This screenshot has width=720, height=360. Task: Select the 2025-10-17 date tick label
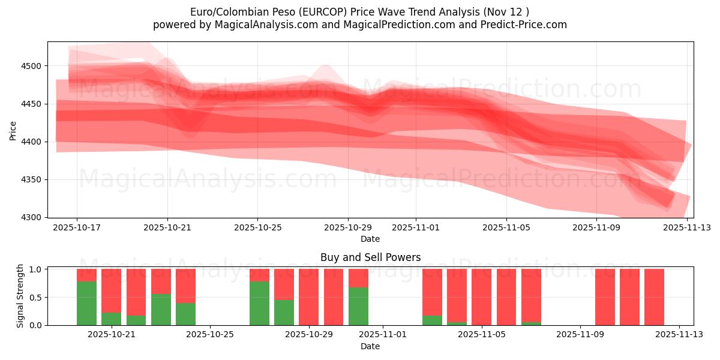(77, 228)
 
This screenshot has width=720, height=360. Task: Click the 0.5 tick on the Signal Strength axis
(36, 298)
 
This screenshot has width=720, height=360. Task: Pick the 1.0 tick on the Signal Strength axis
(36, 269)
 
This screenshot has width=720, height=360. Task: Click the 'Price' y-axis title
(13, 130)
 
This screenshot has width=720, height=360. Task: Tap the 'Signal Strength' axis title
(20, 296)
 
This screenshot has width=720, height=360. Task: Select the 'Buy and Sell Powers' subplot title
(370, 257)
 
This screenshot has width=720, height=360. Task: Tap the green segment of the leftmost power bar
(86, 303)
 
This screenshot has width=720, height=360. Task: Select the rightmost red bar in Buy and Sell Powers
(654, 297)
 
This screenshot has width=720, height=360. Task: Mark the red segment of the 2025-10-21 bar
(111, 290)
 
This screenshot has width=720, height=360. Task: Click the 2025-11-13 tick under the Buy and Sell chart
(679, 334)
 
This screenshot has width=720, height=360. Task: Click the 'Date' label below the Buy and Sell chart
(370, 346)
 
